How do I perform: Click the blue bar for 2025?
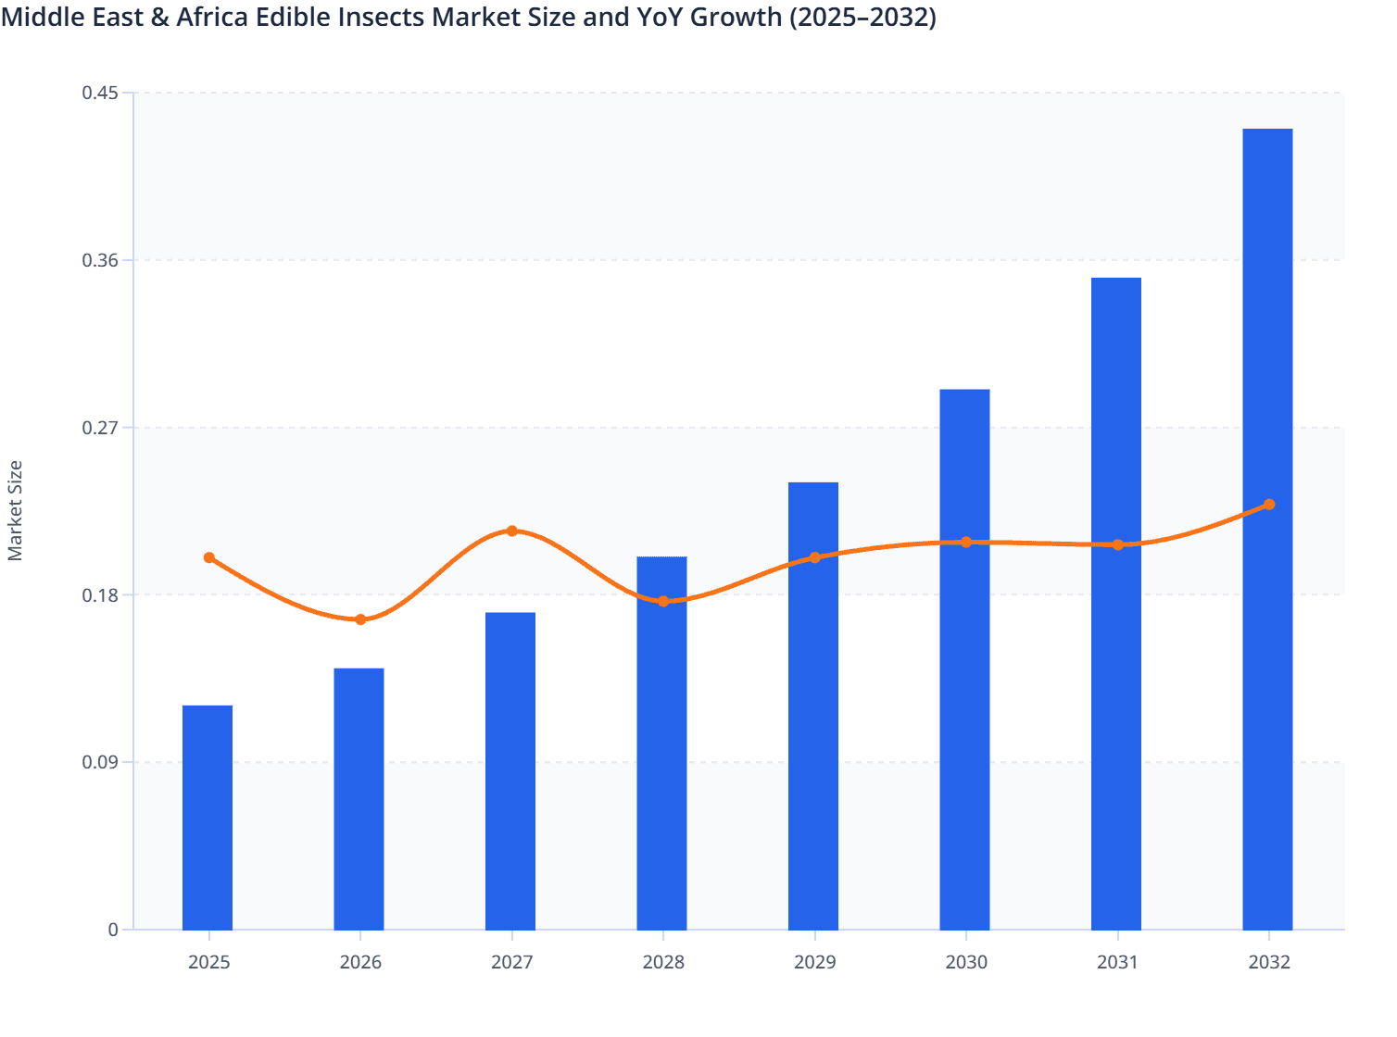click(x=208, y=818)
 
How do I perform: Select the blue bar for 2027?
click(x=510, y=771)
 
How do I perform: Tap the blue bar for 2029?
click(x=813, y=706)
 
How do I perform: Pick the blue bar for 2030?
click(x=964, y=659)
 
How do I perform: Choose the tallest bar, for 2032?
click(x=1267, y=529)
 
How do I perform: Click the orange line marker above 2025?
click(x=209, y=557)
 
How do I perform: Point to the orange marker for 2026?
click(x=360, y=619)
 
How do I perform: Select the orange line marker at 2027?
click(x=512, y=531)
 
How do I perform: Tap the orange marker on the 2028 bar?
click(x=663, y=601)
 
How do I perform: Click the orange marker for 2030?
click(x=966, y=542)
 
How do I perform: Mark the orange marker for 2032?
click(x=1269, y=505)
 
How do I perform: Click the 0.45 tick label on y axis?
click(x=100, y=93)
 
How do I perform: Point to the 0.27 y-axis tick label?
click(x=100, y=428)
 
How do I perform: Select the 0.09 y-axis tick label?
click(x=100, y=762)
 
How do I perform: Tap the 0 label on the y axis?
click(x=113, y=930)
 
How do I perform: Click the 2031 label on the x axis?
click(x=1117, y=962)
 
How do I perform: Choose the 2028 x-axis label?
click(x=663, y=962)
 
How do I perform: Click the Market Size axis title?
click(x=16, y=511)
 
